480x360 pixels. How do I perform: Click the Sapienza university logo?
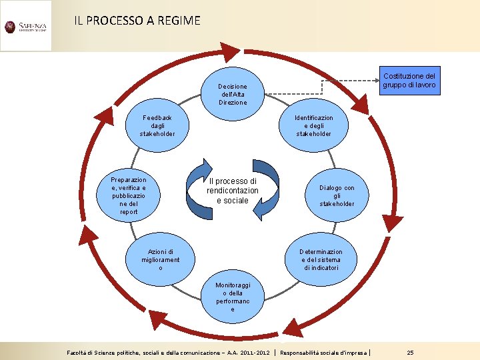(25, 27)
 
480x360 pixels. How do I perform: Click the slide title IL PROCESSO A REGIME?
(137, 21)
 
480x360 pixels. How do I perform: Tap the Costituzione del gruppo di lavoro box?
(411, 81)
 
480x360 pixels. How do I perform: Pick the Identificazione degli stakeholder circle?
(315, 125)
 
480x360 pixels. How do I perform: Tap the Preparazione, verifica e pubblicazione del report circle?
(129, 196)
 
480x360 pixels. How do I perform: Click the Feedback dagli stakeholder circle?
(157, 125)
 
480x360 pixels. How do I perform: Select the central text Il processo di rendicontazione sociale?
(232, 191)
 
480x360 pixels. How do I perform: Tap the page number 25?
(410, 352)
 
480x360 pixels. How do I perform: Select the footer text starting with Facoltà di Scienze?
(168, 352)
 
